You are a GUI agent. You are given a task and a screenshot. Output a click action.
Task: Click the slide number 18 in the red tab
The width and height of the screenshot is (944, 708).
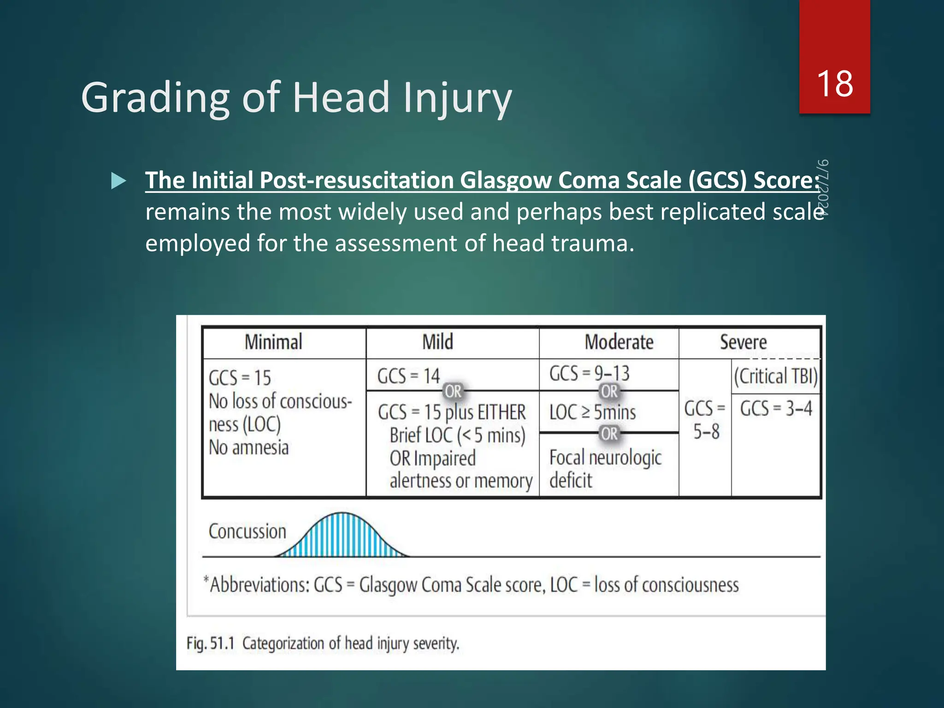coord(834,84)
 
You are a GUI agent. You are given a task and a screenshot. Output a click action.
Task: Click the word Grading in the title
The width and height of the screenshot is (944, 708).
coord(155,98)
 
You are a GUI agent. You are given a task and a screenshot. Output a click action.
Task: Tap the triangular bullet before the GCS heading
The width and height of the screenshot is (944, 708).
coord(118,181)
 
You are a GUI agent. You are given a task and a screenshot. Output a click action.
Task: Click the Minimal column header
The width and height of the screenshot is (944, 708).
coord(273,342)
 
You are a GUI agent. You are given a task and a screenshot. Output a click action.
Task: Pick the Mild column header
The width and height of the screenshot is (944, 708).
coord(438,342)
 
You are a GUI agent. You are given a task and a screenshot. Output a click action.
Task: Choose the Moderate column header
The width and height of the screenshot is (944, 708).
coord(619,342)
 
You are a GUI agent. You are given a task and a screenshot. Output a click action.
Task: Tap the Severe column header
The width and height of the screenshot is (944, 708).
coord(743,342)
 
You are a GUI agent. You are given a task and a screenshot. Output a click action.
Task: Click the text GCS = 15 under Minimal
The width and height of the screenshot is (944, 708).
coord(240,378)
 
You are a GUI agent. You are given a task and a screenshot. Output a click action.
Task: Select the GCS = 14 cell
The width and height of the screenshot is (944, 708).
coord(408,376)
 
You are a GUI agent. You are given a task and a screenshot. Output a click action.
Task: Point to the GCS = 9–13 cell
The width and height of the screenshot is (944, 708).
coord(589,373)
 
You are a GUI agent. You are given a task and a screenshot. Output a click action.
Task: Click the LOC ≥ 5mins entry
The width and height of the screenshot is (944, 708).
coord(592,412)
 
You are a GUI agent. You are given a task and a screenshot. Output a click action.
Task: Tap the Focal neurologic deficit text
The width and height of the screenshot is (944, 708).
coord(605,468)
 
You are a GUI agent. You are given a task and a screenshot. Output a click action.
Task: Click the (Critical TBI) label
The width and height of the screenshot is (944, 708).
coord(776,376)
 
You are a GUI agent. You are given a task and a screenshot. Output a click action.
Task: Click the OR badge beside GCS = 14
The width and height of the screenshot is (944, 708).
coord(453,391)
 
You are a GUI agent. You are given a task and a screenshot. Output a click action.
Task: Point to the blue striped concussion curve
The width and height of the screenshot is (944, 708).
coord(342,537)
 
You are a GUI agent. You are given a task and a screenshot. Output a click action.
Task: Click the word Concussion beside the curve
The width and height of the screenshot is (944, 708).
coord(247,531)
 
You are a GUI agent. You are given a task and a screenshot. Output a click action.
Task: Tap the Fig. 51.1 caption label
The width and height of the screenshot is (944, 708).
coord(211,643)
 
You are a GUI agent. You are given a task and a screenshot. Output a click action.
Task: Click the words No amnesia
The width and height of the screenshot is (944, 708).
coord(248,448)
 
